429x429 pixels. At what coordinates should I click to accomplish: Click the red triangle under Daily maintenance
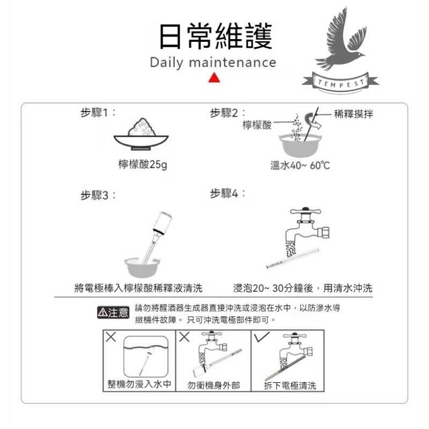(x=214, y=78)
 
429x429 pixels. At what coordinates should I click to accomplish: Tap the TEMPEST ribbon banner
(x=340, y=82)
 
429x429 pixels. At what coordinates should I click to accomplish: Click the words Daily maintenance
(x=213, y=62)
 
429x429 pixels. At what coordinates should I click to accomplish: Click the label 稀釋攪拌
(x=353, y=114)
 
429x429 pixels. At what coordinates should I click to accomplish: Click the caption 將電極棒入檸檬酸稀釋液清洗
(x=138, y=289)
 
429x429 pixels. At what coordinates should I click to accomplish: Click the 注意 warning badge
(x=113, y=313)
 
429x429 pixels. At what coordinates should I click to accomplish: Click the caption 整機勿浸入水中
(x=139, y=384)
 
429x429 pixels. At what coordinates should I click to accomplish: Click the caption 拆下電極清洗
(x=290, y=386)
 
